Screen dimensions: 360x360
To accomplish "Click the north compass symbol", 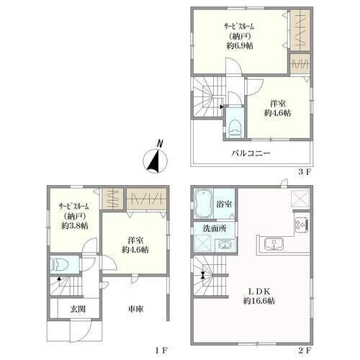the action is point(155,161).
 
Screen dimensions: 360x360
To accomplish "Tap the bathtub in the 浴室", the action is point(203,204).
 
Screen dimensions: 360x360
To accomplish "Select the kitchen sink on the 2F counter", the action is point(274,244).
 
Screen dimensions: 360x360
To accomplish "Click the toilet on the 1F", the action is point(60,265).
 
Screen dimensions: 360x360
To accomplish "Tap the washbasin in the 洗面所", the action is point(225,245).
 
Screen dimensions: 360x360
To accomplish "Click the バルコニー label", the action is point(251,153).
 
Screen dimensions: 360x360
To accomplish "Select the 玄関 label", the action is point(78,309).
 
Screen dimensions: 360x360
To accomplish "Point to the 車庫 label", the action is point(135,309).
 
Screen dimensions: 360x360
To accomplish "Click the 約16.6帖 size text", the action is point(259,301).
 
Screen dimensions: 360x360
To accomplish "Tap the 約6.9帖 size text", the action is point(240,45).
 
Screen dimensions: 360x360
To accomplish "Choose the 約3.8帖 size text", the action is point(75,225).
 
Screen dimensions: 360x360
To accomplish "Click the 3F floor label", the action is point(305,172).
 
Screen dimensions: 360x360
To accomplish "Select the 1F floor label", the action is point(161,351).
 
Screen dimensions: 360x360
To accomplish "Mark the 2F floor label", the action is point(305,351).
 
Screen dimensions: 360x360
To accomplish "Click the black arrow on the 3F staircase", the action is point(222,107).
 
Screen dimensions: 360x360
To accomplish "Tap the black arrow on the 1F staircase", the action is point(58,279).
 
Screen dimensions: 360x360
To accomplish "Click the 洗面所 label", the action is point(215,228).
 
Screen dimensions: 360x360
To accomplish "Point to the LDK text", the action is point(259,292).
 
